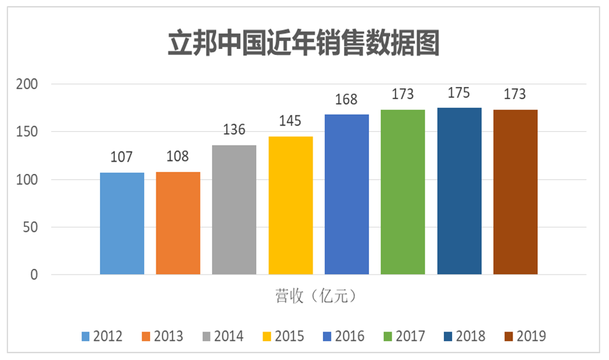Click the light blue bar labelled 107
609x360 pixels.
pyautogui.click(x=122, y=223)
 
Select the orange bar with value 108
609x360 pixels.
pyautogui.click(x=178, y=223)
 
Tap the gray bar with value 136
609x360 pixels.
pyautogui.click(x=234, y=210)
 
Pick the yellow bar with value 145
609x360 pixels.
pyautogui.click(x=291, y=206)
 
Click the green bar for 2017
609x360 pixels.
pyautogui.click(x=403, y=192)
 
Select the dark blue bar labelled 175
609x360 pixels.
pyautogui.click(x=459, y=191)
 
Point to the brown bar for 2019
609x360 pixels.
pyautogui.click(x=515, y=192)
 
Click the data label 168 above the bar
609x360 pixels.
pyautogui.click(x=347, y=100)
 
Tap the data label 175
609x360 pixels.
pyautogui.click(x=459, y=93)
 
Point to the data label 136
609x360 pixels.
pyautogui.click(x=234, y=130)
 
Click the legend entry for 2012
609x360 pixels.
pyautogui.click(x=102, y=336)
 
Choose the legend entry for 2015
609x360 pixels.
pyautogui.click(x=283, y=336)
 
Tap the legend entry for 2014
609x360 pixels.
pyautogui.click(x=223, y=336)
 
